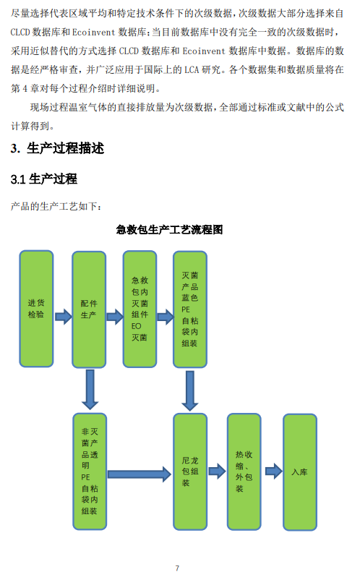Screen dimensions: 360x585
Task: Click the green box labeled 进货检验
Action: [36, 309]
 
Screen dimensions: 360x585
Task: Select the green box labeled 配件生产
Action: [89, 309]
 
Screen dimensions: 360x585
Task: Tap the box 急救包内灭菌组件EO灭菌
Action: [140, 309]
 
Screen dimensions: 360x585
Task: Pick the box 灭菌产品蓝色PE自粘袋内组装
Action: [190, 309]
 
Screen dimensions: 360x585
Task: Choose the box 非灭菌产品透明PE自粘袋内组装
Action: [90, 471]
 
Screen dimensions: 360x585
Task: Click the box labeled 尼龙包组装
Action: [190, 471]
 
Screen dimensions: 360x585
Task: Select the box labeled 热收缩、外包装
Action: [244, 471]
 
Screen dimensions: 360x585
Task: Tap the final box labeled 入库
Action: [300, 472]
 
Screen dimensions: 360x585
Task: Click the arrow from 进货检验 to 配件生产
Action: [63, 317]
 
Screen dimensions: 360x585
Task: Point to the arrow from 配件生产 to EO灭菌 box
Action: [115, 317]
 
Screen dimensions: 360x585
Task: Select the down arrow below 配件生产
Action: [90, 390]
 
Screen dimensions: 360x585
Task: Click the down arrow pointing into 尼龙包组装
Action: [190, 390]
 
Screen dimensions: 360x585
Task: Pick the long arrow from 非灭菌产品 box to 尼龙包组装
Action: [140, 474]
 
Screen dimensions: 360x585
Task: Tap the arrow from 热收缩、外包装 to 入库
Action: [273, 471]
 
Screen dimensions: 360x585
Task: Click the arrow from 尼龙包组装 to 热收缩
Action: [217, 471]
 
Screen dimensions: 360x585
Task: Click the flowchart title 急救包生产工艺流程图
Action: [169, 229]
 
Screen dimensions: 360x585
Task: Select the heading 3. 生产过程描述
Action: [57, 148]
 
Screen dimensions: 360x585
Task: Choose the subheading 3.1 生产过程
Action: [43, 179]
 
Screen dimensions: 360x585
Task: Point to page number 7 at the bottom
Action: [177, 568]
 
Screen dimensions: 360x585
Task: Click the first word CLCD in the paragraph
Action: [20, 32]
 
